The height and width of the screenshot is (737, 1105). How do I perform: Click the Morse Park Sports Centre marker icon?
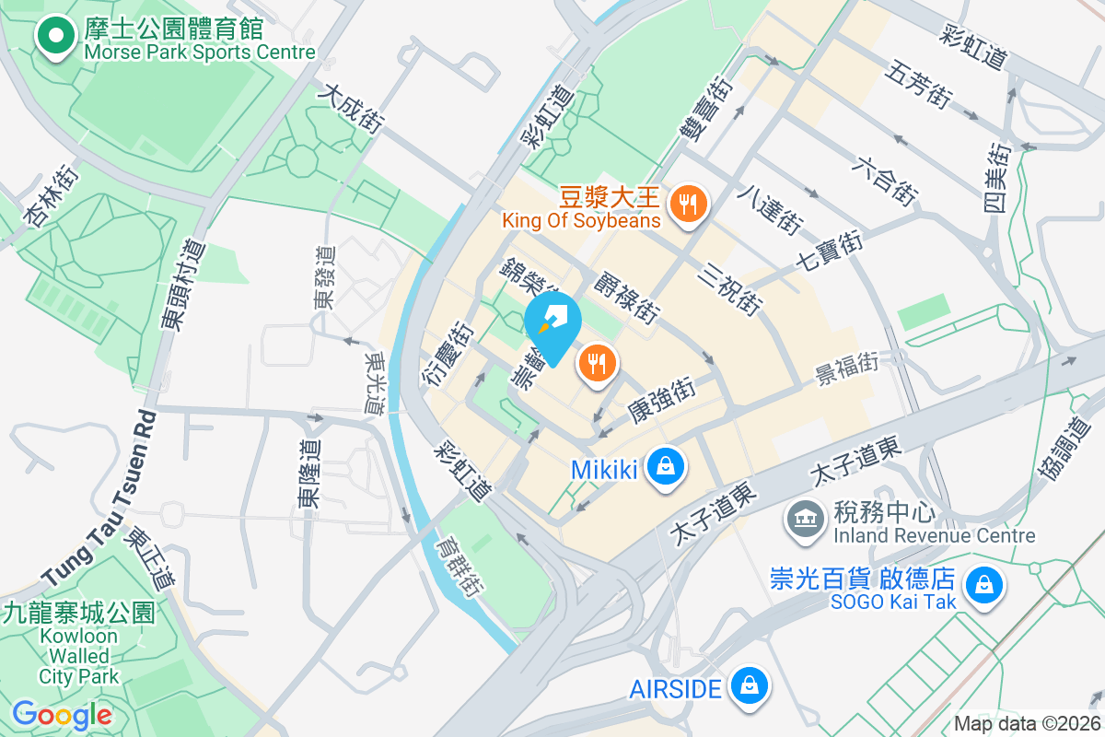point(55,37)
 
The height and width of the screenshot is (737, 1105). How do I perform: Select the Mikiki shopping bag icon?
point(665,467)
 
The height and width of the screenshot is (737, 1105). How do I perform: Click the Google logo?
point(62,714)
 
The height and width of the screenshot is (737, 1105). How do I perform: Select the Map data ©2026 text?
point(1027,723)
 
